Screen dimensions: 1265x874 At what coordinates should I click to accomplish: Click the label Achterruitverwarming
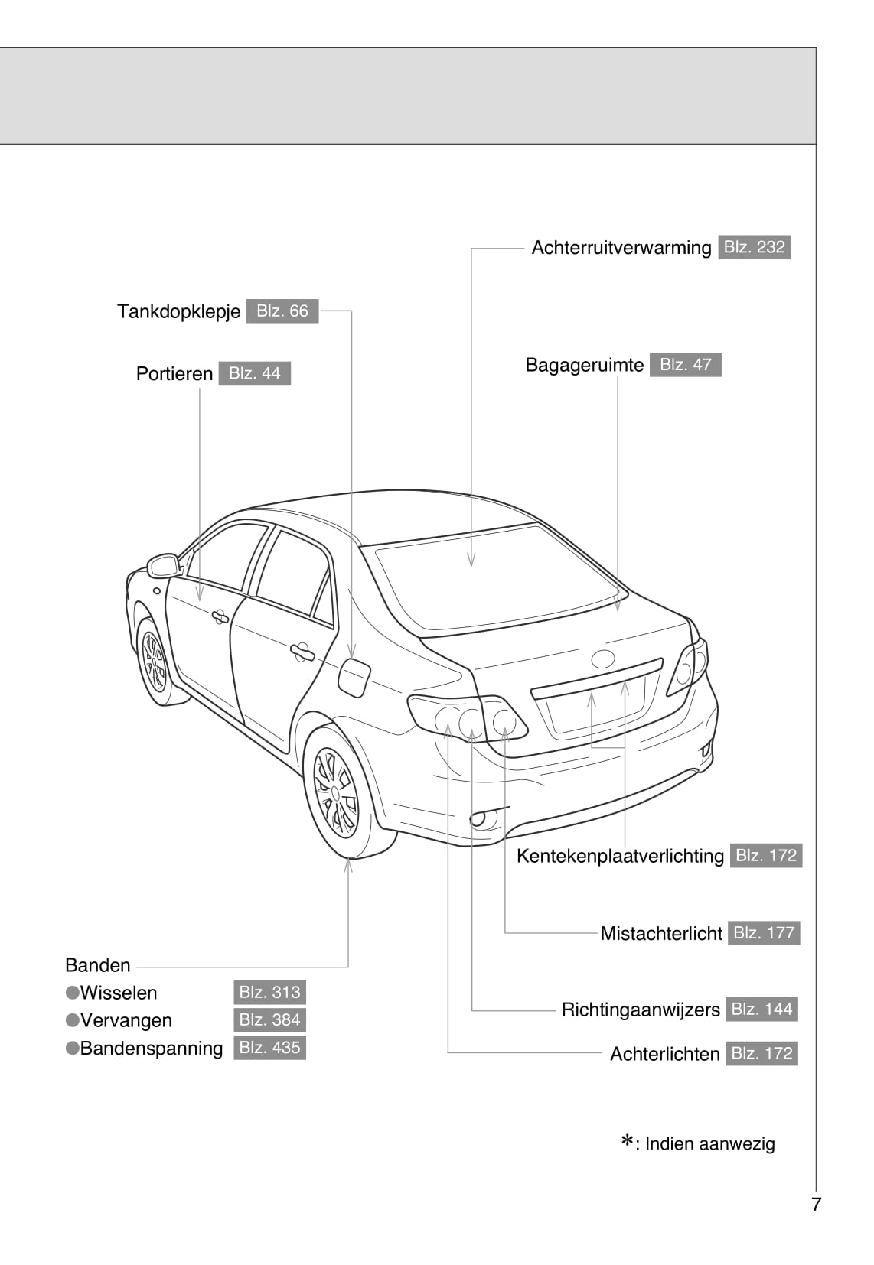point(621,248)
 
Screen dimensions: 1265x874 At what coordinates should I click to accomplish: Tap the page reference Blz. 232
point(754,247)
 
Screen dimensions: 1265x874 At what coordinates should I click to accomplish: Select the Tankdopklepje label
point(178,311)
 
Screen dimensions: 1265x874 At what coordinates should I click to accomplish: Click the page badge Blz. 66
point(282,311)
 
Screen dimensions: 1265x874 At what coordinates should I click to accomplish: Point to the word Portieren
point(174,374)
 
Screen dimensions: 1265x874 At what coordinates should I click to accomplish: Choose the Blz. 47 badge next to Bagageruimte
point(685,365)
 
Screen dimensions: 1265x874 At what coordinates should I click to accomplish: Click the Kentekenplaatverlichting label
point(620,856)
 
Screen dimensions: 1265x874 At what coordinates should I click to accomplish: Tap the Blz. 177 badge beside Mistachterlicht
point(763,933)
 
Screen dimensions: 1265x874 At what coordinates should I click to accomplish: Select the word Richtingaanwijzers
point(641,1010)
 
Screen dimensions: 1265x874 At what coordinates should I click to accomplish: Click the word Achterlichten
point(664,1054)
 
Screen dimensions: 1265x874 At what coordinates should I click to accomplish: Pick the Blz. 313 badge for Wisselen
point(269,993)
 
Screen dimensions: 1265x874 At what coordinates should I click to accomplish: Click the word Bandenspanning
point(152,1048)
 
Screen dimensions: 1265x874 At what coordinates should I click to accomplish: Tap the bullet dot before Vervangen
point(73,1020)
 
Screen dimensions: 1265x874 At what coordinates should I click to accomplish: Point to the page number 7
point(816,1205)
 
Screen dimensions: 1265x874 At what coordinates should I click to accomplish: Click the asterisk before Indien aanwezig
point(627,1143)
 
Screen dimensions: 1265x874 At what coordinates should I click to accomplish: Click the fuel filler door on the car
point(354,677)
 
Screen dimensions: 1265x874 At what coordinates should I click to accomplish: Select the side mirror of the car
point(164,565)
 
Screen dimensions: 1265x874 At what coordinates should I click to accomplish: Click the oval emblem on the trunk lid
point(602,659)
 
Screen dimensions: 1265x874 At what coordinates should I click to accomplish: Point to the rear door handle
point(301,652)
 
